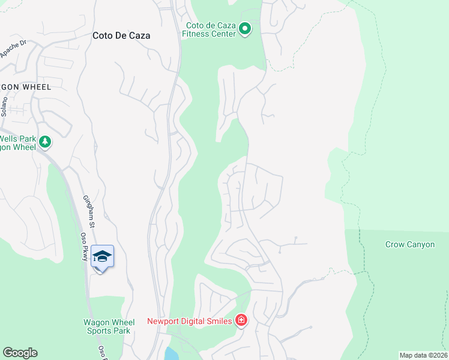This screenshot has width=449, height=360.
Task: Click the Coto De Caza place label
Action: [121, 35]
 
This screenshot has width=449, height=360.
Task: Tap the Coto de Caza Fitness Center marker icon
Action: [245, 29]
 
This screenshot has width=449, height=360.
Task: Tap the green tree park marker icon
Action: [45, 142]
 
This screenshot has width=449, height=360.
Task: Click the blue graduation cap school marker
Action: [102, 256]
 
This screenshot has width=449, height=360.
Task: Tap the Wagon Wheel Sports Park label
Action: [109, 326]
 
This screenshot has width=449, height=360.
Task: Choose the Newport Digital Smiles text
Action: [190, 321]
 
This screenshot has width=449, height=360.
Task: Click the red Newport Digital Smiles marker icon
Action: [241, 320]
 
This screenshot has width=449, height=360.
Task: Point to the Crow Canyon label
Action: [410, 245]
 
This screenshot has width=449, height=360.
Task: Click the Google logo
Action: [20, 353]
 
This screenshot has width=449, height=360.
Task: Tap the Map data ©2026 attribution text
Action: [424, 355]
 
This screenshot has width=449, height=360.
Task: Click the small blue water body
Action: [172, 353]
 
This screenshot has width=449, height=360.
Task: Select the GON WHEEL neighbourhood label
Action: [26, 87]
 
